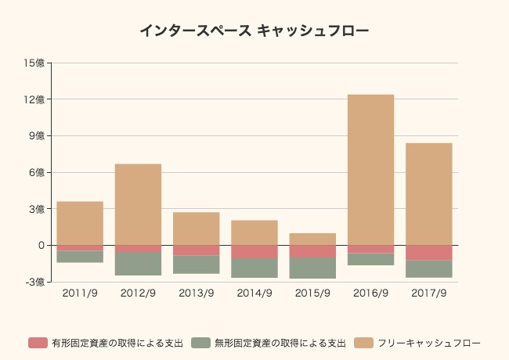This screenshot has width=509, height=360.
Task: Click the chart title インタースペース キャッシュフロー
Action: pyautogui.click(x=254, y=31)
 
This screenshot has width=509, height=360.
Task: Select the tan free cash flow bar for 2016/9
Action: pyautogui.click(x=370, y=170)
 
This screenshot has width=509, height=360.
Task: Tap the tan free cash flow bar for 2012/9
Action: pyautogui.click(x=138, y=204)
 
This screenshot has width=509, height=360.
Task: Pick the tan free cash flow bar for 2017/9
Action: pyautogui.click(x=428, y=194)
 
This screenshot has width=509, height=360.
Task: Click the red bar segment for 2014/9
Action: pyautogui.click(x=254, y=251)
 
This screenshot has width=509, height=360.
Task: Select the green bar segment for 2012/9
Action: pyautogui.click(x=138, y=264)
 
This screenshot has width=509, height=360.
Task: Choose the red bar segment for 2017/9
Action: pyautogui.click(x=428, y=252)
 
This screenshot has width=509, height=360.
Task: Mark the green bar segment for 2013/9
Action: pyautogui.click(x=196, y=265)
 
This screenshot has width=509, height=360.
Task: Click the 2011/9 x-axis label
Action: pyautogui.click(x=80, y=294)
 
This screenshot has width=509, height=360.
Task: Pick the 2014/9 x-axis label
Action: pyautogui.click(x=254, y=294)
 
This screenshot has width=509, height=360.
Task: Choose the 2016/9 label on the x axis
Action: pyautogui.click(x=370, y=294)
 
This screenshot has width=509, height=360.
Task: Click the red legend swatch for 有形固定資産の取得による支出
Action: pyautogui.click(x=38, y=343)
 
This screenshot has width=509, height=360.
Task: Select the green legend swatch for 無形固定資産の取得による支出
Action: pyautogui.click(x=201, y=343)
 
